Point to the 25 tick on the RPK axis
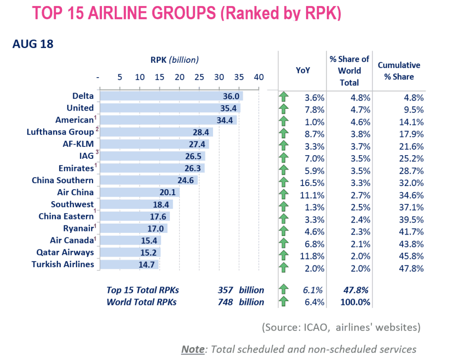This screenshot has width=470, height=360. [199, 77]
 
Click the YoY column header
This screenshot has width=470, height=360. [302, 70]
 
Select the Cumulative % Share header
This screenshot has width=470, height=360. [399, 71]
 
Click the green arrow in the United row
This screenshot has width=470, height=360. [284, 109]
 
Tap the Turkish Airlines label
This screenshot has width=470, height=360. [63, 264]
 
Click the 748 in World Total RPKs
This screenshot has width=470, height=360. [225, 302]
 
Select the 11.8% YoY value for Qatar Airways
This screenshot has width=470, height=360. [315, 256]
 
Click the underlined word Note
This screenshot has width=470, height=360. [193, 349]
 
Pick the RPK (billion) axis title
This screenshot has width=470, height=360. [174, 60]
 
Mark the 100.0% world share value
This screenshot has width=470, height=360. [356, 302]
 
